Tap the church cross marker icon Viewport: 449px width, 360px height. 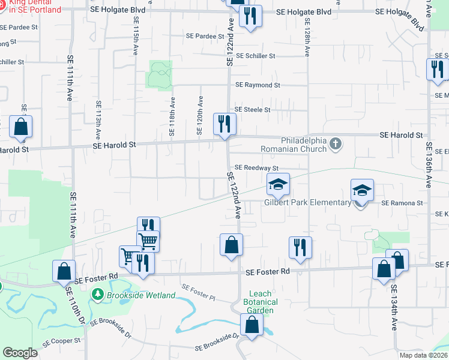click(336, 143)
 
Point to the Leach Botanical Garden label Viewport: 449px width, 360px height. click(261, 302)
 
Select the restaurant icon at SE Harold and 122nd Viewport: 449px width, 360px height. click(226, 124)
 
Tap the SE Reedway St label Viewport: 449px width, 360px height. click(256, 168)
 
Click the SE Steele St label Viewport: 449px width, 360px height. click(253, 110)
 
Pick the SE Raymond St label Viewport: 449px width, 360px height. click(258, 85)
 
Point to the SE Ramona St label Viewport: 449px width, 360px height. click(404, 203)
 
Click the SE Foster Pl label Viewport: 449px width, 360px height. click(198, 292)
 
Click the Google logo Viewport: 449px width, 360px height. click(20, 353)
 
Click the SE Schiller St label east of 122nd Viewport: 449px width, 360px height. click(256, 56)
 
